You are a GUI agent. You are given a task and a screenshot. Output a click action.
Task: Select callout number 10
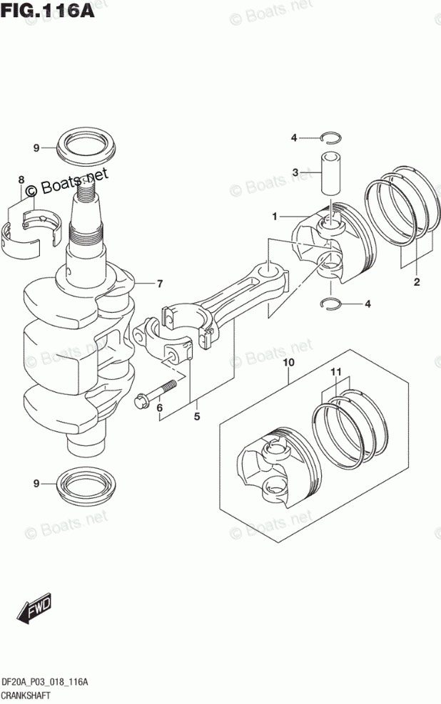(x=288, y=363)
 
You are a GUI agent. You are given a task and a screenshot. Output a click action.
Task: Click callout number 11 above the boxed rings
(x=336, y=371)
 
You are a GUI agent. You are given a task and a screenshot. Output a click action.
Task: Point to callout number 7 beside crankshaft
(x=160, y=284)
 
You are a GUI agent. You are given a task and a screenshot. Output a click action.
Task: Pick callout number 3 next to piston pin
(x=295, y=172)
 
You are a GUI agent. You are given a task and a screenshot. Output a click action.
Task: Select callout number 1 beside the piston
(x=273, y=215)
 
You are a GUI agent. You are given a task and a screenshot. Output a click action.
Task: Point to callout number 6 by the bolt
(x=160, y=408)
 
